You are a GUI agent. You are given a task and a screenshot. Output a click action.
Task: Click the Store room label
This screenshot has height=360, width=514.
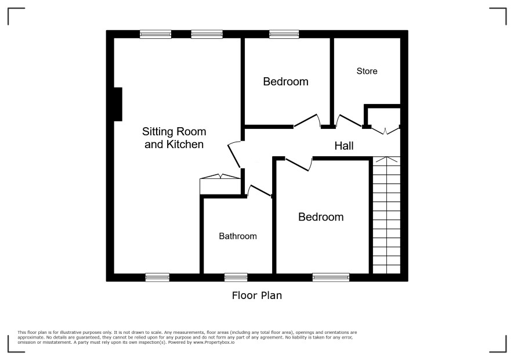point(367,71)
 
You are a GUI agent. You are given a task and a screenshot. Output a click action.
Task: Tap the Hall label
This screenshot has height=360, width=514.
point(344,146)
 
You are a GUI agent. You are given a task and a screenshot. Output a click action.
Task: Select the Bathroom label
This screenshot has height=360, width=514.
point(238,236)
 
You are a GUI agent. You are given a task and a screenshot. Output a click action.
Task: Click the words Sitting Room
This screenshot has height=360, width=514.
point(174,132)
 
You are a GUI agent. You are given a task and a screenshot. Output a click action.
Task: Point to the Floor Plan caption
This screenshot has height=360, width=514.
point(256,296)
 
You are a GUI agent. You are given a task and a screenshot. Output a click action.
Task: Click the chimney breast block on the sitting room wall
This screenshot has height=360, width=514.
point(118,104)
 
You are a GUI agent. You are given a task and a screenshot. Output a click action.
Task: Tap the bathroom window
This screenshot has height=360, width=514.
point(236,278)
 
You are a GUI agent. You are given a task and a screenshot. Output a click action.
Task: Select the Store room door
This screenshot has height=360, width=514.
point(349,121)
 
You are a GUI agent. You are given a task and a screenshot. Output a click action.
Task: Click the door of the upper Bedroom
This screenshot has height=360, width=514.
point(307,120)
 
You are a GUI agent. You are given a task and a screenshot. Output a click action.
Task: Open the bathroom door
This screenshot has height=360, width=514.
point(260,190)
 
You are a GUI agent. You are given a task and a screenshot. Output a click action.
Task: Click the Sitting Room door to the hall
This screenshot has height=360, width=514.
point(235,154)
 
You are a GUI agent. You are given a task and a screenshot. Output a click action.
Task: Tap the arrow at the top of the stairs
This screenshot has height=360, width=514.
point(386,160)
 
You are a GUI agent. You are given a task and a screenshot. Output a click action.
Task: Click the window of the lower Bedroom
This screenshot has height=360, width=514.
point(331,278)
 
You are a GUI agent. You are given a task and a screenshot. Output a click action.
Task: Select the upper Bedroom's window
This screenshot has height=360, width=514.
point(284,34)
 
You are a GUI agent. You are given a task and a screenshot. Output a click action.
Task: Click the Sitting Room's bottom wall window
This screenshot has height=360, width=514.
point(157,278)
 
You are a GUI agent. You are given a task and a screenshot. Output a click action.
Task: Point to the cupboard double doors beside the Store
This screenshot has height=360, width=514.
point(385,131)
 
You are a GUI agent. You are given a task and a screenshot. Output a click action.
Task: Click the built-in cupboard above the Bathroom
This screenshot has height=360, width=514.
point(220,185)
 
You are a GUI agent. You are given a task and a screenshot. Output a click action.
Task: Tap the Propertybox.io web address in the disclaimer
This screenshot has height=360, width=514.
point(213,342)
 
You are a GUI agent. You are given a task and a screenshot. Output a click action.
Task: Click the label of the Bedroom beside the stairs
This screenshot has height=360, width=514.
point(321,217)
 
